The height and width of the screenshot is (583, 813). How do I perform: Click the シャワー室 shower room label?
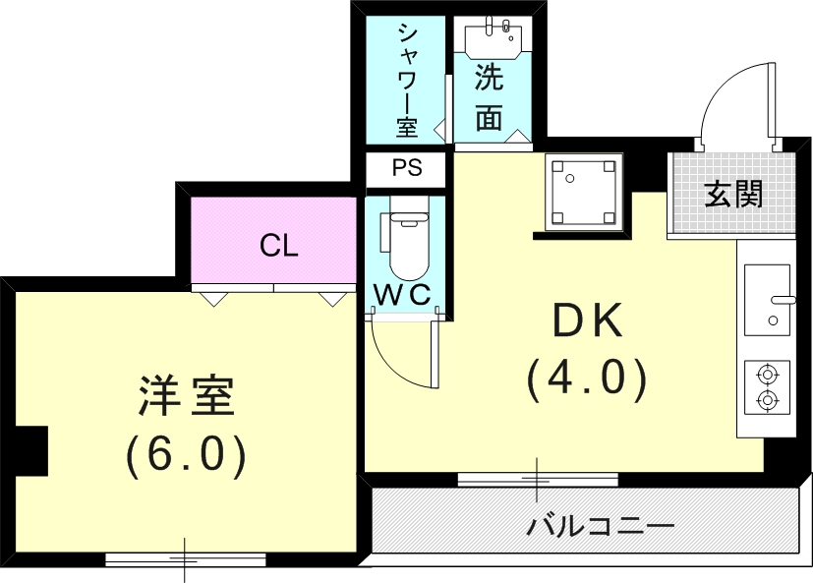tap(407, 79)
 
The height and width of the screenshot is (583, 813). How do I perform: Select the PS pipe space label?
tap(407, 168)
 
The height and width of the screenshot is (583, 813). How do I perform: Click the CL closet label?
tap(278, 246)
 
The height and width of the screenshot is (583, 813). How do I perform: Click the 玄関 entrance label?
tap(733, 195)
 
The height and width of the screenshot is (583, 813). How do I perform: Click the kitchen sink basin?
tap(767, 299)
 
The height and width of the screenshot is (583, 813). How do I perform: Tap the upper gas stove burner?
tap(767, 374)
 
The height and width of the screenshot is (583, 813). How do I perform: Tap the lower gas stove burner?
tap(767, 400)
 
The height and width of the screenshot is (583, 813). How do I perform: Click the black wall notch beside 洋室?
tap(33, 448)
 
